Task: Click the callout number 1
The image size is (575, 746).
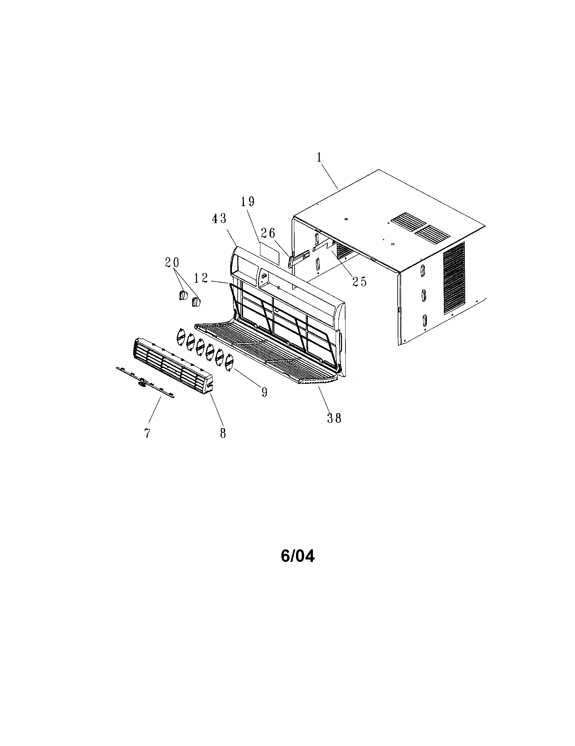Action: click(x=319, y=157)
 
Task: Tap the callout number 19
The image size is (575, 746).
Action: click(x=248, y=201)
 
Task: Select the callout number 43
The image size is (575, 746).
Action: click(x=219, y=218)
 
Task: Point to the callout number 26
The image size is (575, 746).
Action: click(x=268, y=233)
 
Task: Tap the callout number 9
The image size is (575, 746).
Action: click(x=264, y=392)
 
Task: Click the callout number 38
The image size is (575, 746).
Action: click(x=334, y=418)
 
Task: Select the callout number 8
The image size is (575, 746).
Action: click(x=223, y=433)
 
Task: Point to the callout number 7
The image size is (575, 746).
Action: click(x=147, y=433)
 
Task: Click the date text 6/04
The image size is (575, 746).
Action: click(x=297, y=556)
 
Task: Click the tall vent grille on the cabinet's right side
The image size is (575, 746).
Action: click(x=454, y=278)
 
